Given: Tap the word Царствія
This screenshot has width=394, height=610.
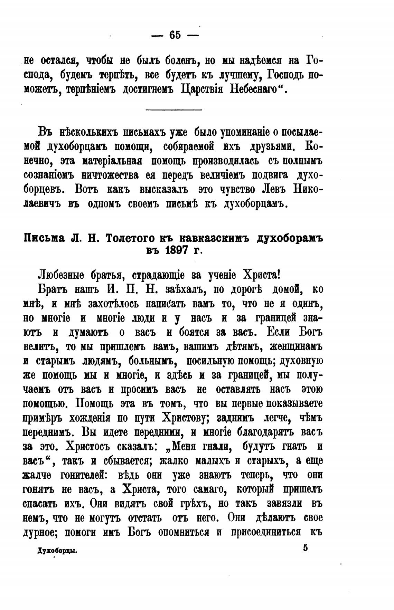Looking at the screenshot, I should coord(204,90).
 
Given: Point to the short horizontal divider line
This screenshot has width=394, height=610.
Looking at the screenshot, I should coord(174,110).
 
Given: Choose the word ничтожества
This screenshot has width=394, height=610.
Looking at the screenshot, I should coord(110,175).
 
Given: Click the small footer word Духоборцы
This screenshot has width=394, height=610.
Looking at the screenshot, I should coord(57,552).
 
